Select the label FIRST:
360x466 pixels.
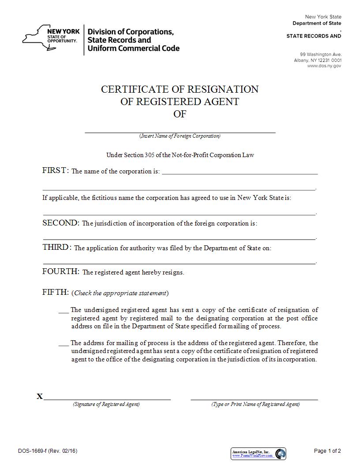(55, 171)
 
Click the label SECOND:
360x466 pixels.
(61, 223)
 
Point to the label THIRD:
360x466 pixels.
(57, 248)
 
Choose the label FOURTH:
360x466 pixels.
(61, 272)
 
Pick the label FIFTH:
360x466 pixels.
(56, 292)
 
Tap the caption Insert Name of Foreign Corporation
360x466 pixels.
(180, 136)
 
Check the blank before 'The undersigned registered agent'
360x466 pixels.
(64, 311)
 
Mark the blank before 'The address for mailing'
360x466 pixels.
(64, 343)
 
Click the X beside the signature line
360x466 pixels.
(40, 397)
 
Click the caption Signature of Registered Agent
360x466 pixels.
(106, 404)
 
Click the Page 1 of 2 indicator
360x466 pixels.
(327, 451)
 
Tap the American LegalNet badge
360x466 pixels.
(259, 453)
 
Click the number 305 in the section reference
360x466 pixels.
(149, 155)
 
